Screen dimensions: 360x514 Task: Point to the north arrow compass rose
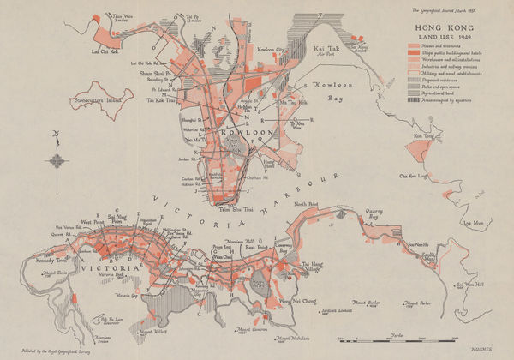click(x=56, y=159)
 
